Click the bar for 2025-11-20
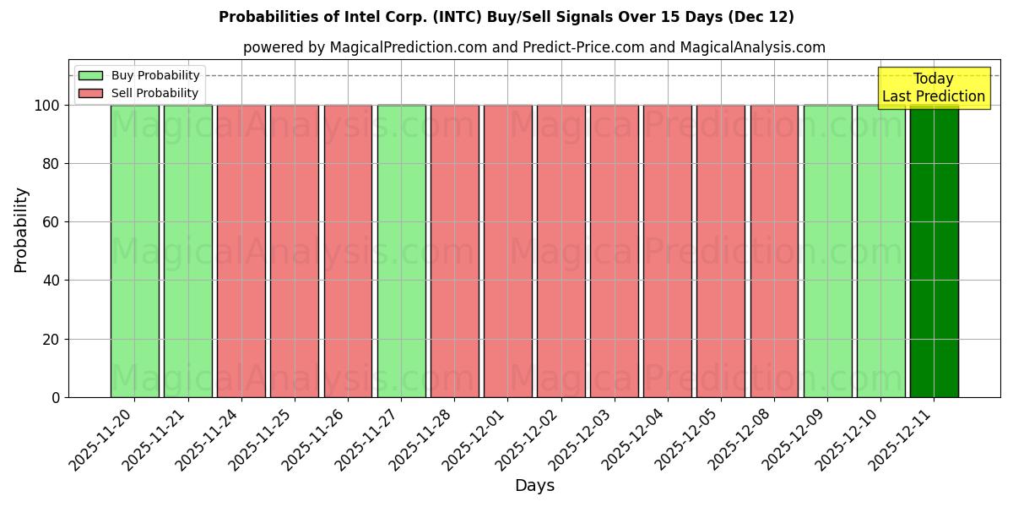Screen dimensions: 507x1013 tap(134, 251)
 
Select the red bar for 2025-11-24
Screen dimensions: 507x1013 tap(241, 251)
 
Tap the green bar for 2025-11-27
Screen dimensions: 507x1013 tap(401, 251)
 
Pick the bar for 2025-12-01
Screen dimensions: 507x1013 tap(508, 251)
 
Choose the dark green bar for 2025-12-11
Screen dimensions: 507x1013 tap(934, 251)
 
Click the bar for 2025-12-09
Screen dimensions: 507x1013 tap(827, 251)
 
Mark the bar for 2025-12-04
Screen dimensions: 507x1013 tap(668, 251)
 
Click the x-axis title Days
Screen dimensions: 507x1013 tap(534, 486)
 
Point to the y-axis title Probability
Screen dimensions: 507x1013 tap(21, 229)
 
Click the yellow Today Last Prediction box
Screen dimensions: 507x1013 tap(933, 88)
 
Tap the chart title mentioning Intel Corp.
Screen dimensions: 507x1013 tap(506, 17)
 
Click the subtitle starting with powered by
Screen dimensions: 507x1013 tap(534, 47)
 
